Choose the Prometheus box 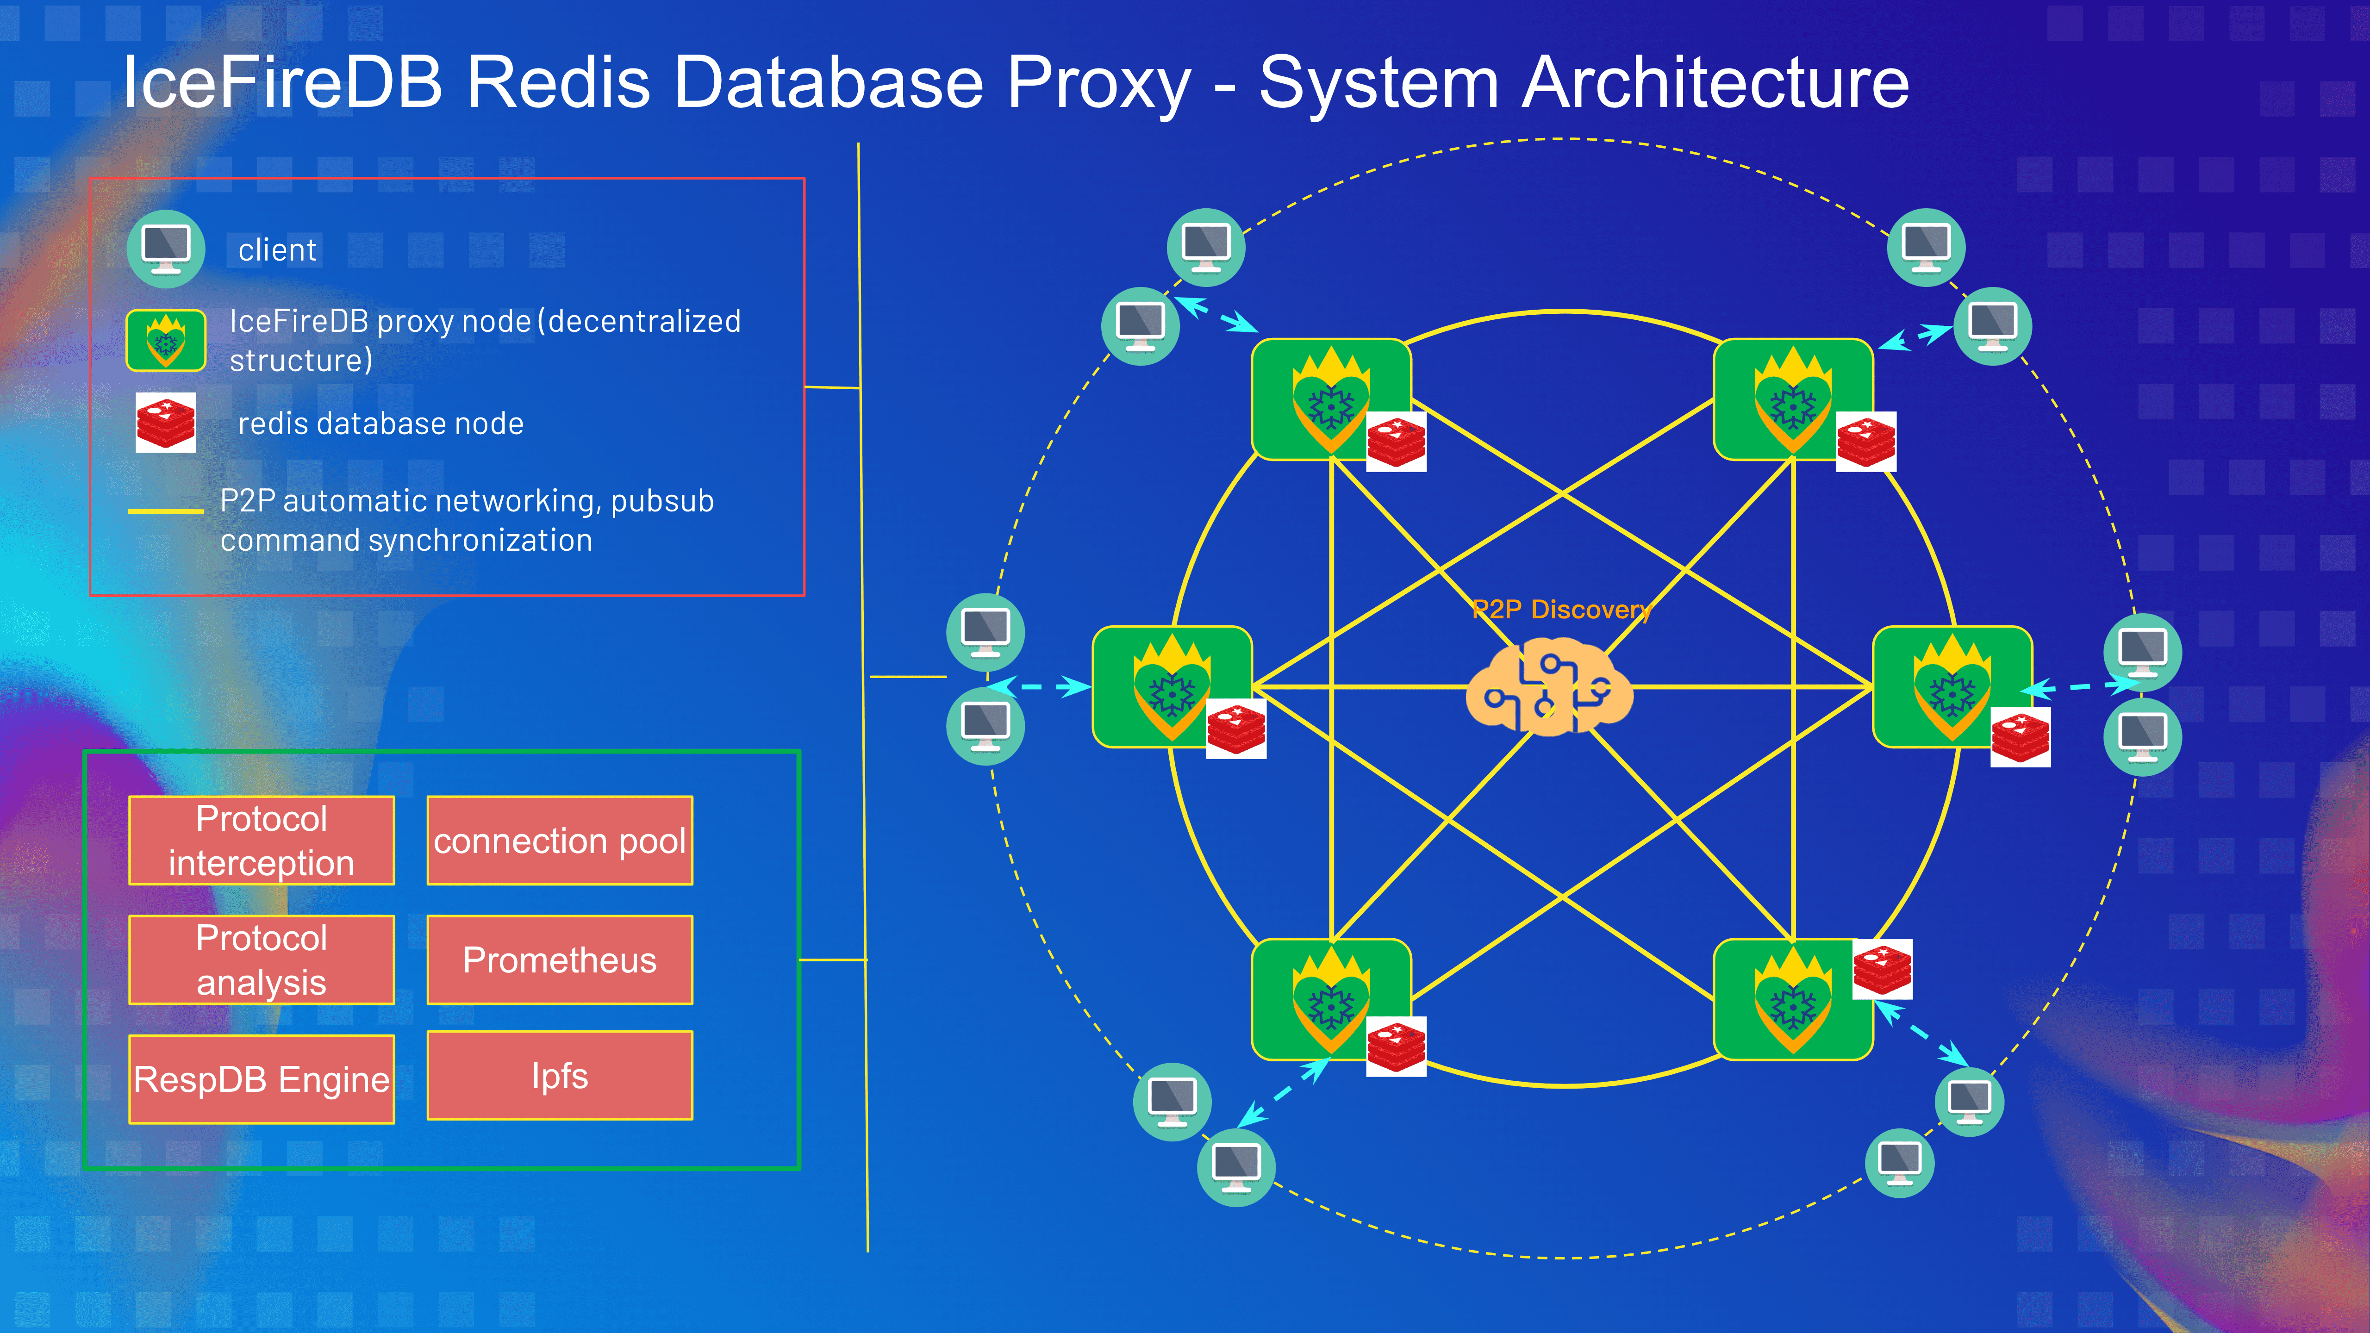tap(559, 959)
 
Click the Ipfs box tap(559, 1075)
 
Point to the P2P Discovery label tap(1561, 609)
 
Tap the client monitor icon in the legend tap(166, 249)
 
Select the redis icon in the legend tap(166, 422)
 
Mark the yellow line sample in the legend tap(166, 511)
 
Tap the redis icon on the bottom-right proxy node tap(1883, 969)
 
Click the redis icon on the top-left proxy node tap(1396, 442)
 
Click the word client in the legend tap(277, 250)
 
